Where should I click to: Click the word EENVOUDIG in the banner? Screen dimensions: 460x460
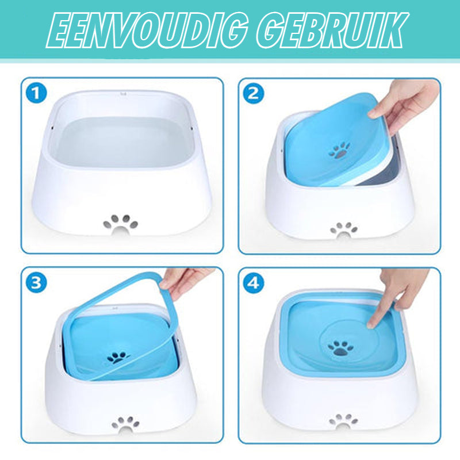[147, 30]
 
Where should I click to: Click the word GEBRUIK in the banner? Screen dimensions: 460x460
[333, 30]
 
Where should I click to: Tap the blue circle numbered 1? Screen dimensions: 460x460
[36, 93]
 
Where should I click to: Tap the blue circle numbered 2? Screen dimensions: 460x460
[254, 93]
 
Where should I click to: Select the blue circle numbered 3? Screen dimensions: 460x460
[36, 283]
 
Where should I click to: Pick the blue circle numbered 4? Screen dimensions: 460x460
[254, 283]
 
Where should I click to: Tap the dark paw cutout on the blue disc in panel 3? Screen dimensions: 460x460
[118, 358]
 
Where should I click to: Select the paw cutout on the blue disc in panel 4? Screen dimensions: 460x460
[340, 348]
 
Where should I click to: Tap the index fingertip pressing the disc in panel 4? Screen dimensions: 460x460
[371, 324]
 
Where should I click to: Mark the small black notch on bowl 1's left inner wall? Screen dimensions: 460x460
[52, 128]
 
